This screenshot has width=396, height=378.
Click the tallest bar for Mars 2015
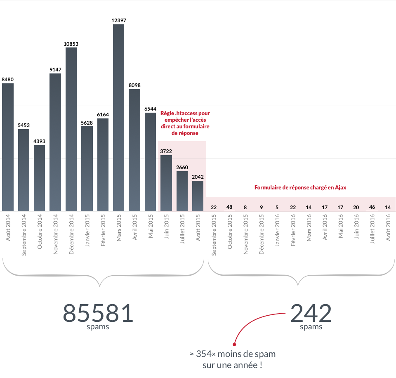[119, 118]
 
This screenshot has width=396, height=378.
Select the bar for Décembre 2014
[71, 129]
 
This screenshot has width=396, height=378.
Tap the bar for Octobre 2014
[40, 178]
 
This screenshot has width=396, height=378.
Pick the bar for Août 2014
[8, 147]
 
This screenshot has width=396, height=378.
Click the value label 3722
[166, 151]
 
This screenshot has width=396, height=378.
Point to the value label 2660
[182, 168]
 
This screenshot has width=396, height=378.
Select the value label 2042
[198, 177]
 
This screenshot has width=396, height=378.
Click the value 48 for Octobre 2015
[229, 207]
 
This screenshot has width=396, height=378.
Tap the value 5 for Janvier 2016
[277, 207]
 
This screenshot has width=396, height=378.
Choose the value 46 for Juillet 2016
[372, 207]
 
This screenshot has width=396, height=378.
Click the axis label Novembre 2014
[55, 234]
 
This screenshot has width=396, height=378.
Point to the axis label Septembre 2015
[214, 235]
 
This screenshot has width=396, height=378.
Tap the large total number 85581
[98, 313]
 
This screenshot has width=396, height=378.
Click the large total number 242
[311, 313]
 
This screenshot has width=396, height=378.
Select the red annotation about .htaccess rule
[185, 123]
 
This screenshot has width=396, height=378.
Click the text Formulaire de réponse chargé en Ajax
[300, 187]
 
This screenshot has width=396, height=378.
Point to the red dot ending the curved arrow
[234, 344]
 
